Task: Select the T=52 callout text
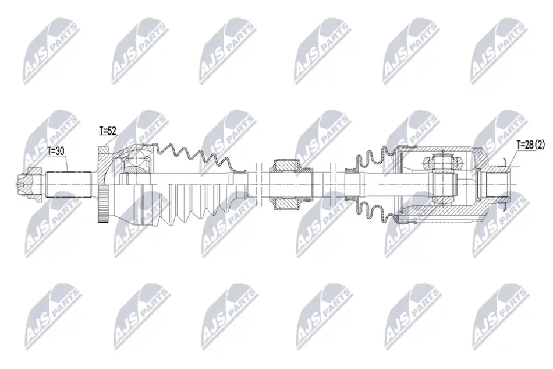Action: [x=108, y=131]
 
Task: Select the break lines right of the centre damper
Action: [x=333, y=183]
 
